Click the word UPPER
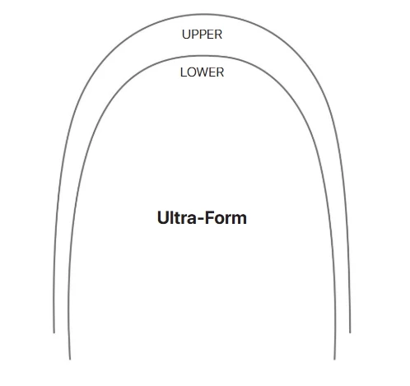(x=202, y=35)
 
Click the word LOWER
(x=202, y=72)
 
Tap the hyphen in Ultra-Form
(x=201, y=220)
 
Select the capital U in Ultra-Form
(x=163, y=218)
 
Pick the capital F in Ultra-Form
(x=210, y=217)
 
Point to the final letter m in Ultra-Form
(x=240, y=219)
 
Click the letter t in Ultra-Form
(x=177, y=218)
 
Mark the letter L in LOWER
(x=184, y=72)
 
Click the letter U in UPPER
(x=186, y=35)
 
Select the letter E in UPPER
(x=211, y=35)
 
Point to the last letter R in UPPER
(x=219, y=35)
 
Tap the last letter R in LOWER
(x=220, y=72)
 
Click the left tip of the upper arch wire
(x=54, y=333)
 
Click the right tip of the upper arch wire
(x=350, y=333)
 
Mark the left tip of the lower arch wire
(x=70, y=359)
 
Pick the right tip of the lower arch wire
(x=334, y=359)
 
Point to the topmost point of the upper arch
(x=203, y=14)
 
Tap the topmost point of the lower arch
(x=203, y=56)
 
